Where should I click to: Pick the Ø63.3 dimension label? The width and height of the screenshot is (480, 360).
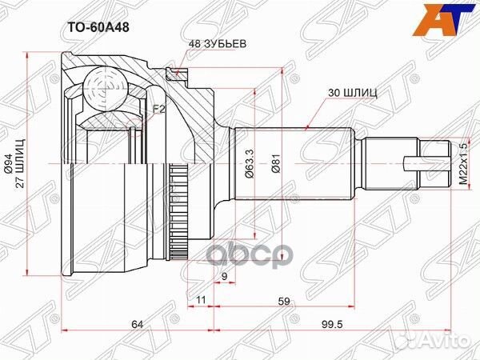[250, 165]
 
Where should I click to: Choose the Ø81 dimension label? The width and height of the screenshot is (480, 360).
[274, 165]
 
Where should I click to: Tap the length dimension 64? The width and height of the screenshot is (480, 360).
[138, 324]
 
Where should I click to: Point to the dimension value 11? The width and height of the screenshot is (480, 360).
[201, 301]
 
